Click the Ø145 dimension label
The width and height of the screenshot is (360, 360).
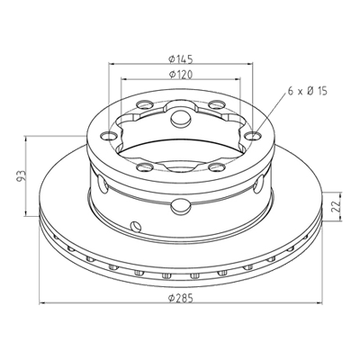point(180,58)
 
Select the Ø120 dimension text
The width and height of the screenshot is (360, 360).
point(180,74)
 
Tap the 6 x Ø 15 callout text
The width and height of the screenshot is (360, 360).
point(307,91)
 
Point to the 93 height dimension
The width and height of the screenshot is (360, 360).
point(21,176)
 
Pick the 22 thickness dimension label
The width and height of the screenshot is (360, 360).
point(337,206)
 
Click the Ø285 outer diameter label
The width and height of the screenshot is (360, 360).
point(180,298)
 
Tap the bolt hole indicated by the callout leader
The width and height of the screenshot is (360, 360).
point(253,137)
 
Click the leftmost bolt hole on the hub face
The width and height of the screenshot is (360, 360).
point(108,137)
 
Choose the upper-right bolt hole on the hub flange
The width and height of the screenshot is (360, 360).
point(217,105)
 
